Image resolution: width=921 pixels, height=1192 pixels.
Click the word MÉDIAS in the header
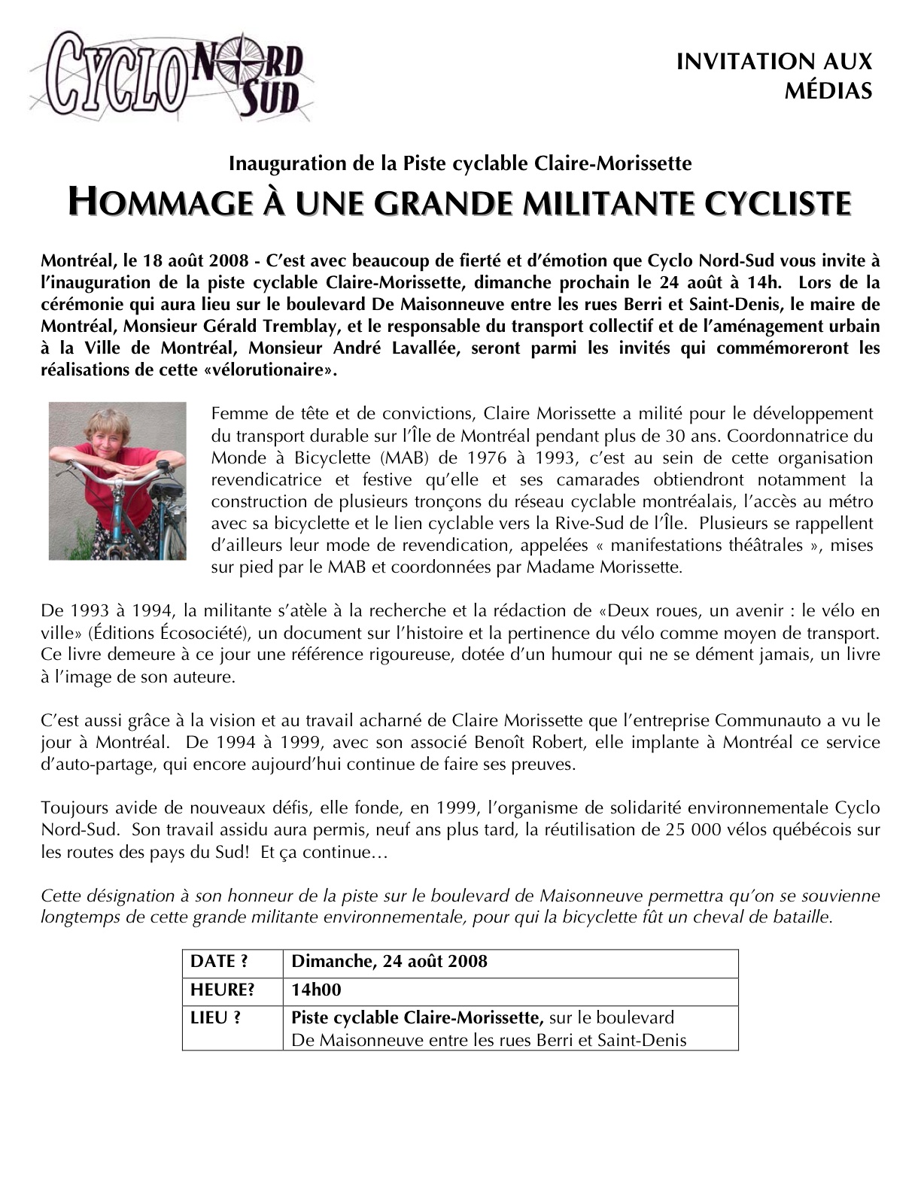pos(828,91)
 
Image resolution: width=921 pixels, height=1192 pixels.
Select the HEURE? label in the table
pos(222,990)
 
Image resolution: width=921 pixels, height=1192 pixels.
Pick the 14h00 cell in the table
pos(316,990)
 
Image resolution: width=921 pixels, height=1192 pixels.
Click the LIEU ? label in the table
pos(215,1018)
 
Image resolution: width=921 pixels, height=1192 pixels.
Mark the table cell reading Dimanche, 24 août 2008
pos(389,962)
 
